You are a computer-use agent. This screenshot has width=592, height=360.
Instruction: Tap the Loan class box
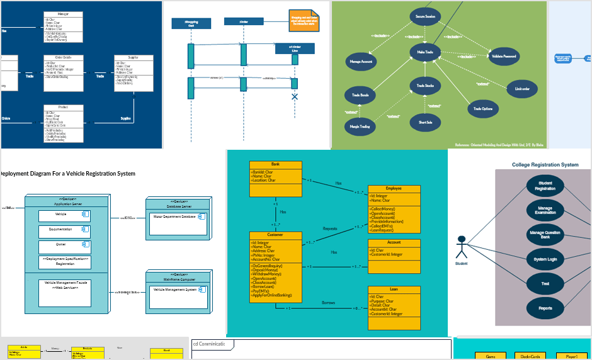pyautogui.click(x=394, y=308)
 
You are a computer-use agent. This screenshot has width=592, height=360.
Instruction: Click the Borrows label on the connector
pyautogui.click(x=329, y=303)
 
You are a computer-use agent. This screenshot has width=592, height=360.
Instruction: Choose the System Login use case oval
pyautogui.click(x=545, y=259)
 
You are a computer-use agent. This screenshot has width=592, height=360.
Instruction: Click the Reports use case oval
pyautogui.click(x=545, y=308)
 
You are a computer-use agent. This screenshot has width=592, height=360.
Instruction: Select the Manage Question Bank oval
pyautogui.click(x=545, y=235)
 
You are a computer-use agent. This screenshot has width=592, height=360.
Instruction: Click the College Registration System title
pyautogui.click(x=545, y=165)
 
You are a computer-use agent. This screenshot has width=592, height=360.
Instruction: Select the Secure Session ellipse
pyautogui.click(x=425, y=16)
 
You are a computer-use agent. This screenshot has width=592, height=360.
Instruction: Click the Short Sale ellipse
pyautogui.click(x=425, y=122)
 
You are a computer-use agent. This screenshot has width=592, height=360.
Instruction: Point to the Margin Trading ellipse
pyautogui.click(x=360, y=127)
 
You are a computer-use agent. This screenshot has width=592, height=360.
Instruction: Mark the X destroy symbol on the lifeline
pyautogui.click(x=294, y=97)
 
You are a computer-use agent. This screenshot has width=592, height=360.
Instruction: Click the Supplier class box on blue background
pyautogui.click(x=134, y=70)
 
